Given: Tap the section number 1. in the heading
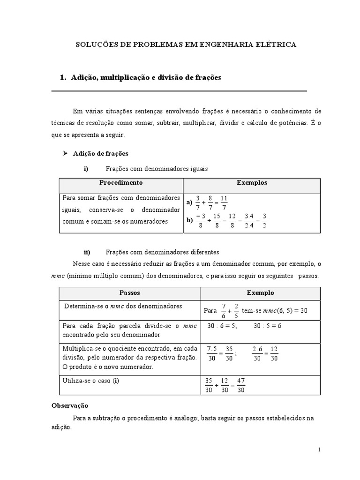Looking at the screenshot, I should coord(63,77).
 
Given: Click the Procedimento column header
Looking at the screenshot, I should coord(120,182).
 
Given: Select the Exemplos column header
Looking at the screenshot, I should coord(252,182).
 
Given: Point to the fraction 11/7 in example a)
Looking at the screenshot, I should coord(224,202).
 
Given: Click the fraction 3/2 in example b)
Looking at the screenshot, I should coord(264,220).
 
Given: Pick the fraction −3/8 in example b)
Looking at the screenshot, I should coord(201,220).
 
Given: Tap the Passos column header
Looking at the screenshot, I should coord(129,292).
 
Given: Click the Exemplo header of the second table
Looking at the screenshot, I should coord(260,292).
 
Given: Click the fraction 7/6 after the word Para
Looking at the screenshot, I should coord(223,310).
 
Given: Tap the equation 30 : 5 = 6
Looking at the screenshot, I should coord(267,326).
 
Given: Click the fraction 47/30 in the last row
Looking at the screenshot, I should coord(241,385).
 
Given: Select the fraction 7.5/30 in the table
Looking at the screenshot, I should coord(212,353).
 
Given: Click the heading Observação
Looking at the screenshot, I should coord(69,405).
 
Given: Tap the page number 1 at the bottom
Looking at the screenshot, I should coord(319,450).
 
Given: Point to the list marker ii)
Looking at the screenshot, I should coord(87,251).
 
